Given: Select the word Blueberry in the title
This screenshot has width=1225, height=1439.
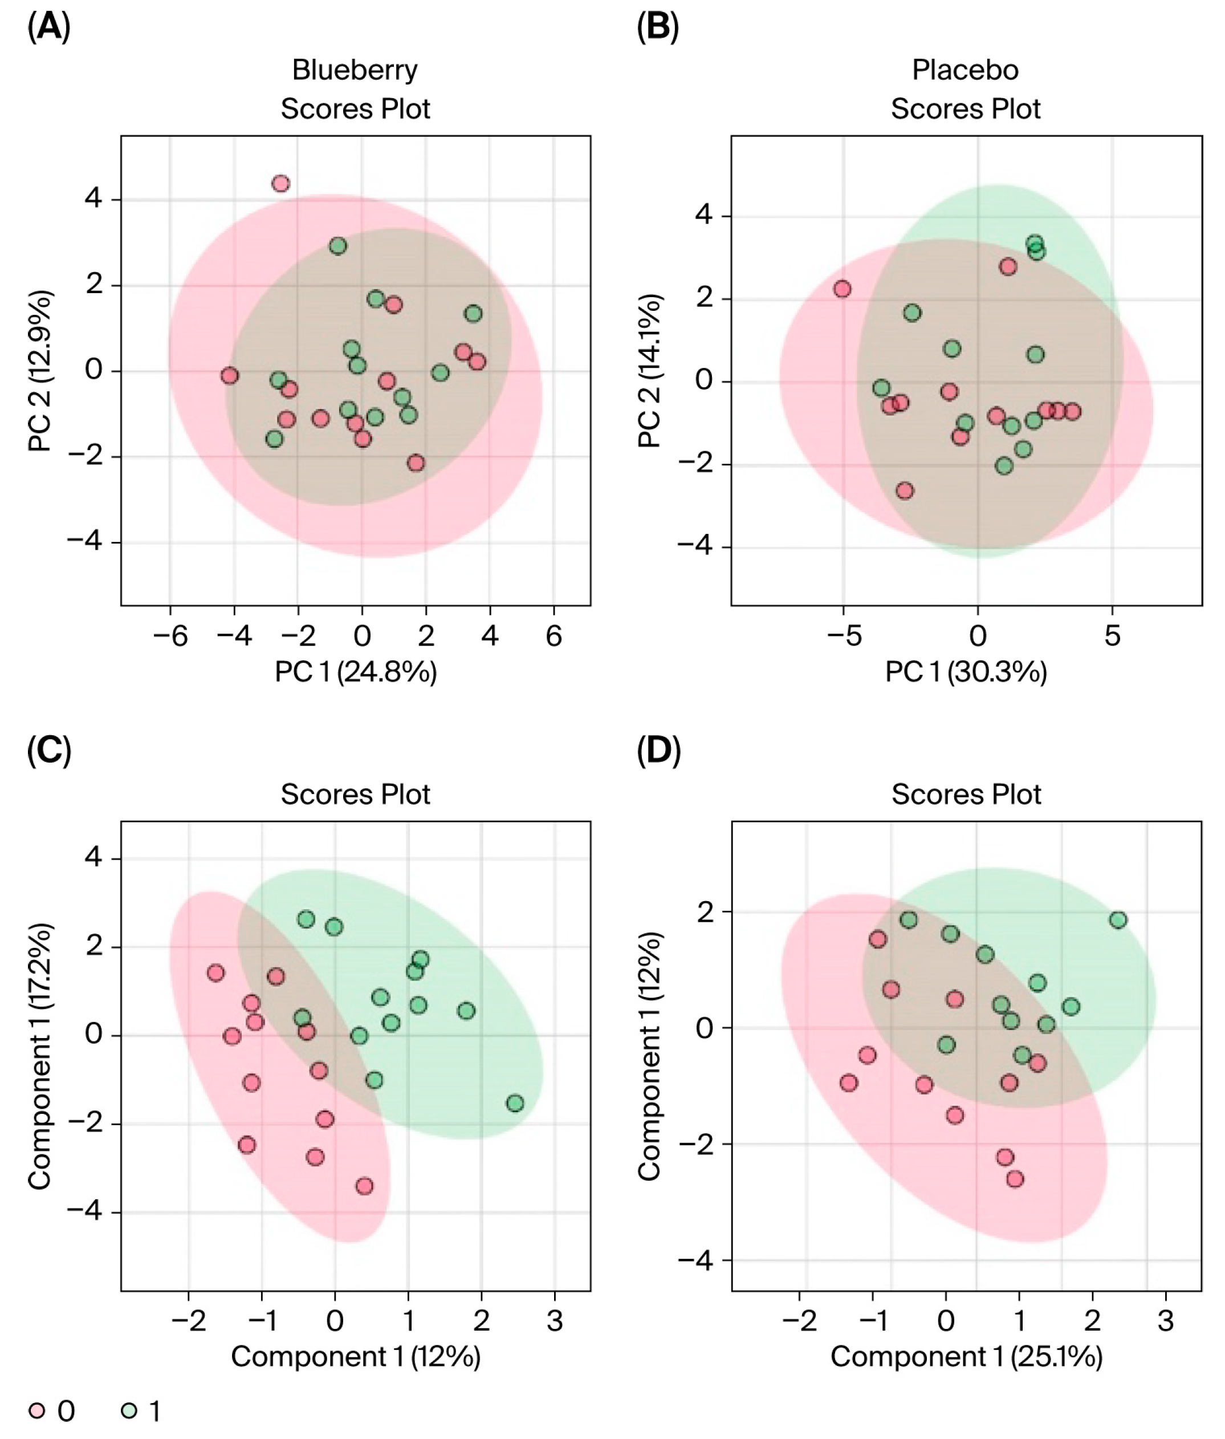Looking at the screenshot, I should click(355, 70).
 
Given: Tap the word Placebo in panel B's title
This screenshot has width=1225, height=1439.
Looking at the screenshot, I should click(964, 70).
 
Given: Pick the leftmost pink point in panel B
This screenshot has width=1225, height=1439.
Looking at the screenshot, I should click(843, 289).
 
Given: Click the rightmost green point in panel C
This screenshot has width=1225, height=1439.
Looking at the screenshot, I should click(515, 1103).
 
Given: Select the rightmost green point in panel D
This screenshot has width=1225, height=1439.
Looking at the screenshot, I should click(1118, 920).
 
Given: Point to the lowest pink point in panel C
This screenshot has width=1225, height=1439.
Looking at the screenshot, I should click(364, 1186).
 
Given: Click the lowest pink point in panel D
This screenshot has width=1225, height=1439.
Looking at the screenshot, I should click(1015, 1178).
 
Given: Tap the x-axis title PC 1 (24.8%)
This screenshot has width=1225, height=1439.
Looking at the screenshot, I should click(355, 672).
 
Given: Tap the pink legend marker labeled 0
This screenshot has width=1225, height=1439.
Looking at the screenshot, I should click(37, 1410).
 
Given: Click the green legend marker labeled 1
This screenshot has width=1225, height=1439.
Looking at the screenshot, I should click(128, 1410).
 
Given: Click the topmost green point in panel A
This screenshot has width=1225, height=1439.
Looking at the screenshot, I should click(338, 246).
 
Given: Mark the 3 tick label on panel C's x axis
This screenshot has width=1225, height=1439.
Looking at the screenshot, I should click(555, 1320).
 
